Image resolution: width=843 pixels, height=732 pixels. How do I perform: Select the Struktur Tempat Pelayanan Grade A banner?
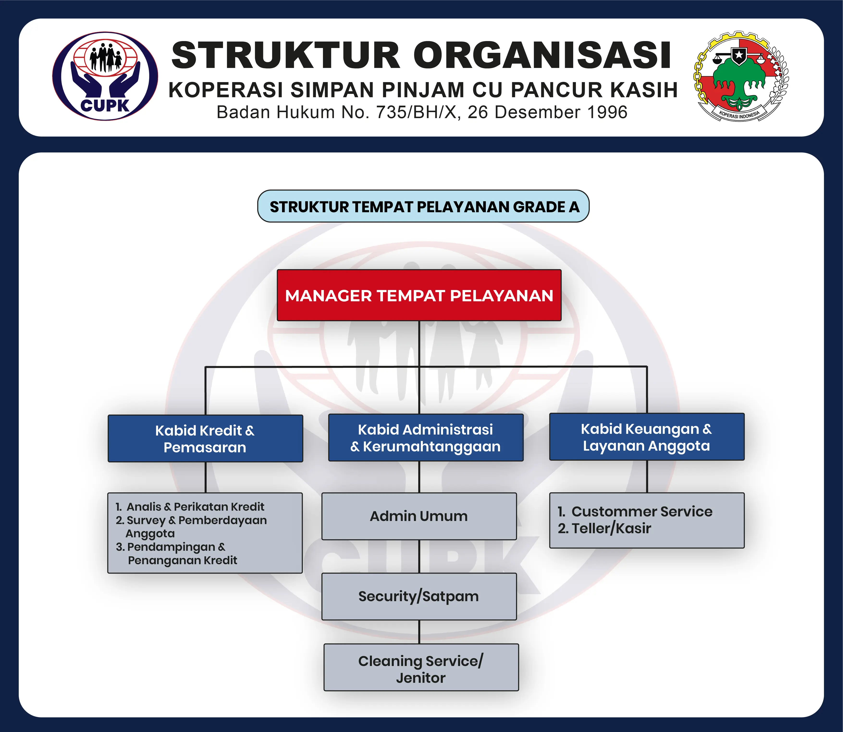(423, 207)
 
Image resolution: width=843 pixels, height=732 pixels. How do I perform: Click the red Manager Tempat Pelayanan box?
(419, 295)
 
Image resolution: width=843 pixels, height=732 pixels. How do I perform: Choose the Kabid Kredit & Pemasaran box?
(205, 439)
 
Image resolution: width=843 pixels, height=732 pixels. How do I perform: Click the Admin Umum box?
(419, 516)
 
